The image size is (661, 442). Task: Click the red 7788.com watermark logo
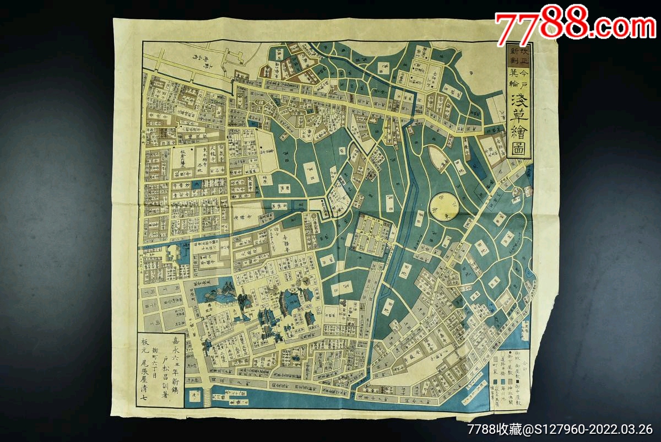(575, 26)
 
